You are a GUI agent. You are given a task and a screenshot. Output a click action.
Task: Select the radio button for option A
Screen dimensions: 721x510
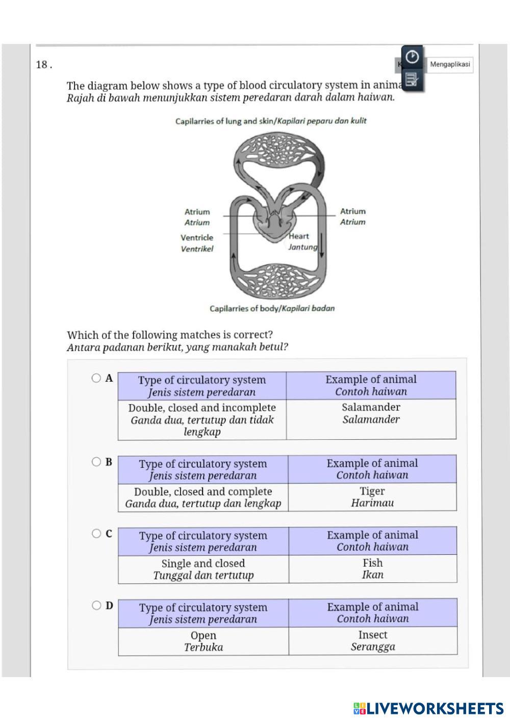coord(96,378)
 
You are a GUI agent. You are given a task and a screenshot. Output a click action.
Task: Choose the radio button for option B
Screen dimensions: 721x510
coord(96,462)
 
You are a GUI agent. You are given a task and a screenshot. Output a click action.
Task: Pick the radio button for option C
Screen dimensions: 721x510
coord(96,533)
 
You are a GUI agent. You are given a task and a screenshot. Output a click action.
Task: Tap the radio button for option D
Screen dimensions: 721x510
coord(96,605)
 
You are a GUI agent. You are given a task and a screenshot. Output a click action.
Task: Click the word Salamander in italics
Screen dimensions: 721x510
coord(371,419)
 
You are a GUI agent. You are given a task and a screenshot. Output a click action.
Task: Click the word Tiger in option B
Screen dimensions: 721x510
coord(372,491)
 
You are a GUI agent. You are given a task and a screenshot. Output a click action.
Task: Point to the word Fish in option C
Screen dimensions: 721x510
coord(372,563)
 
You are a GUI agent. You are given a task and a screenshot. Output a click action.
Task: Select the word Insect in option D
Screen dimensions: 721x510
coord(372,635)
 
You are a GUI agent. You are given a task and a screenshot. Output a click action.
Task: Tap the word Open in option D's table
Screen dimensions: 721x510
coord(203,635)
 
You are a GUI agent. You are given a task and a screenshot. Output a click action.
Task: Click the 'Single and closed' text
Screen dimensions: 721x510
coord(203,564)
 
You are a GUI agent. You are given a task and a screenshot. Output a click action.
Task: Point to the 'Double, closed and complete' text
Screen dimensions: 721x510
coord(203,492)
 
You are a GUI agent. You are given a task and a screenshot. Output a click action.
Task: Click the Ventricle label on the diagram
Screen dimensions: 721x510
coord(197,237)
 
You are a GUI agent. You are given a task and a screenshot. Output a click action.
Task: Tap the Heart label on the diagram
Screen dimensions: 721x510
coord(299,236)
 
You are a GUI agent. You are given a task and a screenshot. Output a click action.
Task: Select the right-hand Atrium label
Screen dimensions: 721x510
coord(353,211)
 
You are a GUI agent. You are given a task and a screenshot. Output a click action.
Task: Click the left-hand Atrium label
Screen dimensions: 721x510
coord(197,212)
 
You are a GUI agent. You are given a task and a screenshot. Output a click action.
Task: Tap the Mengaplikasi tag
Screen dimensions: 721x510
coord(450,65)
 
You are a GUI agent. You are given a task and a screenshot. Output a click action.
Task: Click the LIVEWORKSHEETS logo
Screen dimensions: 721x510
coord(428,708)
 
